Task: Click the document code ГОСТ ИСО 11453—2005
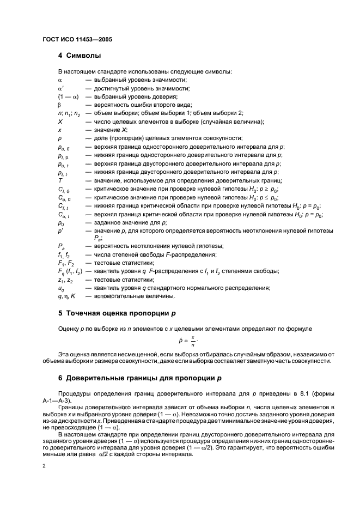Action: pos(77,40)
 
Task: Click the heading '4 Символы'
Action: pos(80,56)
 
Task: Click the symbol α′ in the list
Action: pos(61,88)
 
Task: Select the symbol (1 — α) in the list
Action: pos(69,96)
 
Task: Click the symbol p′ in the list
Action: pos(60,231)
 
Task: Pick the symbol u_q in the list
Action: pos(61,288)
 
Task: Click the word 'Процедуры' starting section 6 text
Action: pos(73,393)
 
